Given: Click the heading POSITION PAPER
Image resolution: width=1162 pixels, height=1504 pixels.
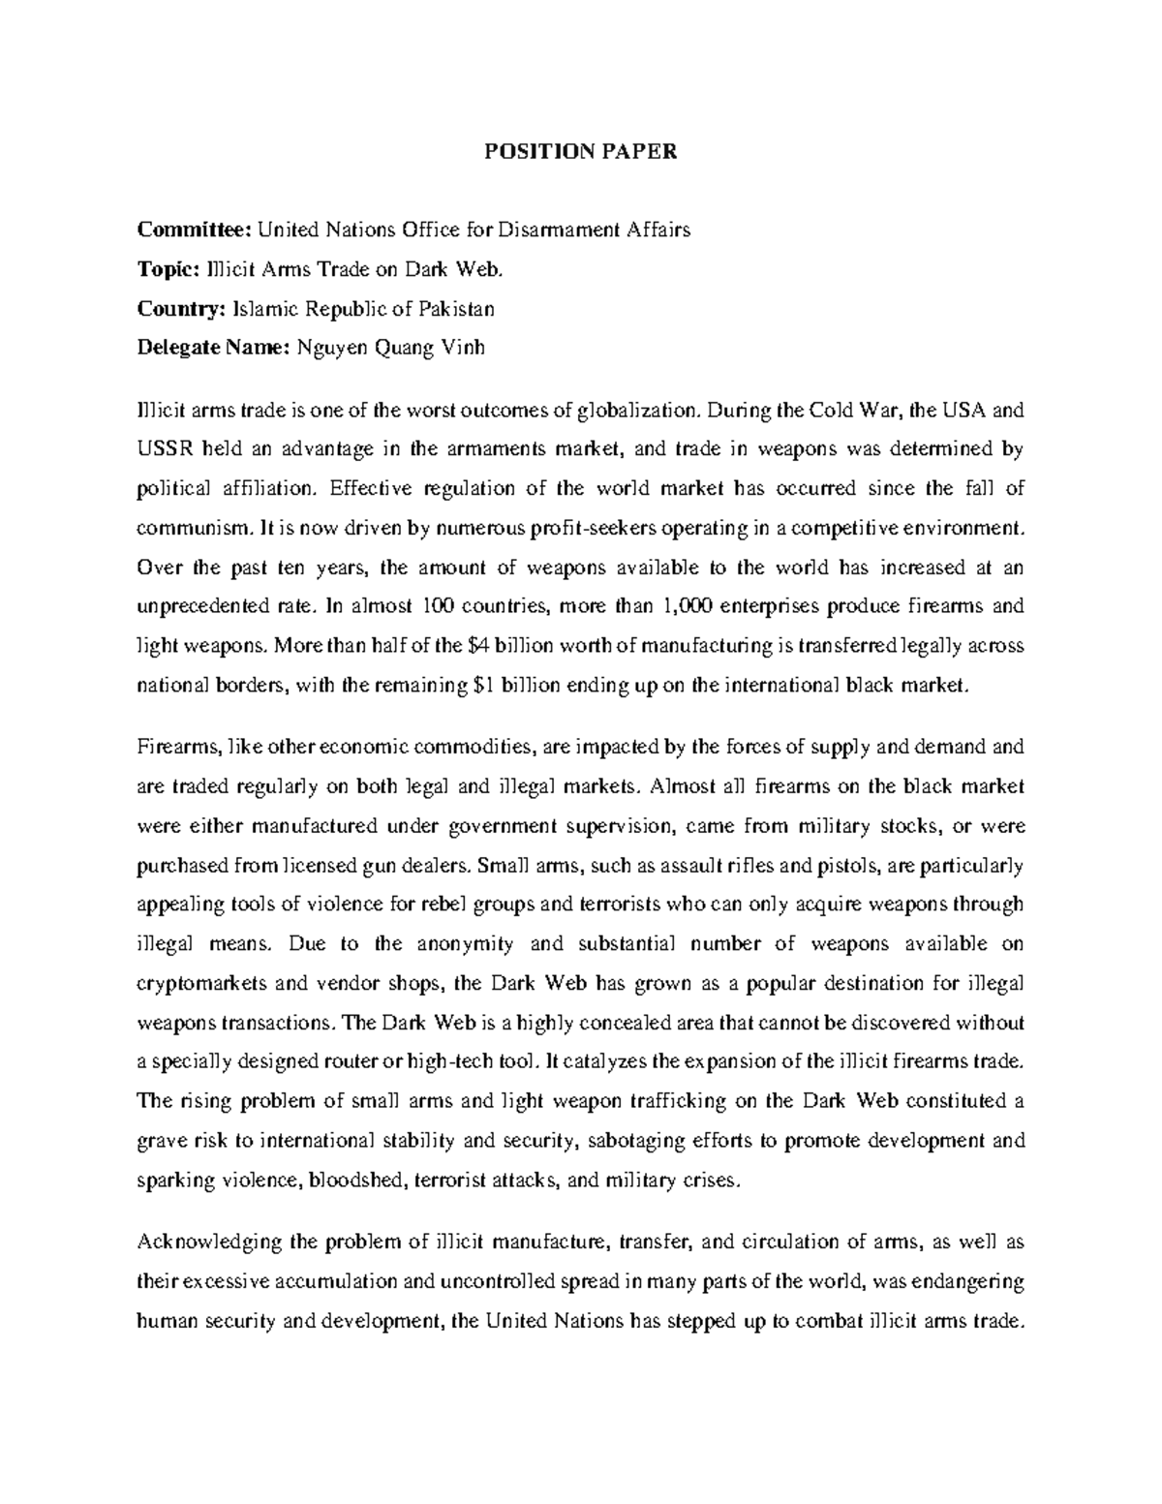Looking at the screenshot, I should (x=581, y=152).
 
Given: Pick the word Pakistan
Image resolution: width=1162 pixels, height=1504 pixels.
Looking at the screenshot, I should (x=457, y=310).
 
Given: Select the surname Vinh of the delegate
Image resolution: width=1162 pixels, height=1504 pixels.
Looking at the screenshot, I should (x=462, y=350).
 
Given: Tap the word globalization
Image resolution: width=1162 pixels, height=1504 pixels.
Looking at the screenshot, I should (x=637, y=410).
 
